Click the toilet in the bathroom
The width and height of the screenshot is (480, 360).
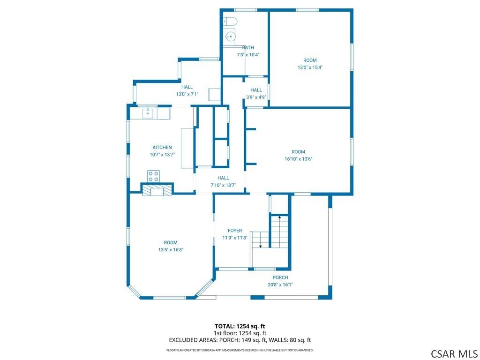coord(230,22)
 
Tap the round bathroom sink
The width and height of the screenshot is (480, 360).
coord(230,37)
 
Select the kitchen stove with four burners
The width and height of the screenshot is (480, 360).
coord(153,176)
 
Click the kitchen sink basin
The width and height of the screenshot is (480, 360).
coord(148,112)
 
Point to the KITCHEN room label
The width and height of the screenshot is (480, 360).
coord(162,148)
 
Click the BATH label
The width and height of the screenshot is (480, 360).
coord(248,47)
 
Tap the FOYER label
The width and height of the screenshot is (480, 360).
coord(235,231)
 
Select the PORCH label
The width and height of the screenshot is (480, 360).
coord(280,277)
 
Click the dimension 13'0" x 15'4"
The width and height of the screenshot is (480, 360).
coord(310,67)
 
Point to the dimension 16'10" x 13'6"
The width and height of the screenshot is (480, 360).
coord(299,159)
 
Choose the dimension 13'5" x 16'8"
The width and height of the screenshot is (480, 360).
coord(171,249)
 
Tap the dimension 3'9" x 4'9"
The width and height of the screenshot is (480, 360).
coord(256,97)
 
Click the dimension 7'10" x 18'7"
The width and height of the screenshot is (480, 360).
coord(223,185)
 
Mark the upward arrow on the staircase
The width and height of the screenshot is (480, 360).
coord(280,232)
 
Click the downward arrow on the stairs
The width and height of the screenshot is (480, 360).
coord(261,240)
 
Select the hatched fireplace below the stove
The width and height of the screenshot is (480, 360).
coord(157,189)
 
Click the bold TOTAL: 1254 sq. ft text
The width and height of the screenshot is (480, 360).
coord(240,326)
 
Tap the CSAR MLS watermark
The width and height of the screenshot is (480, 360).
coord(454,353)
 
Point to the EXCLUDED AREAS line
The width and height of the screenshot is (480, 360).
coord(240,340)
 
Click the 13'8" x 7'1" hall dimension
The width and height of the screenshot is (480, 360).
coord(187,94)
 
